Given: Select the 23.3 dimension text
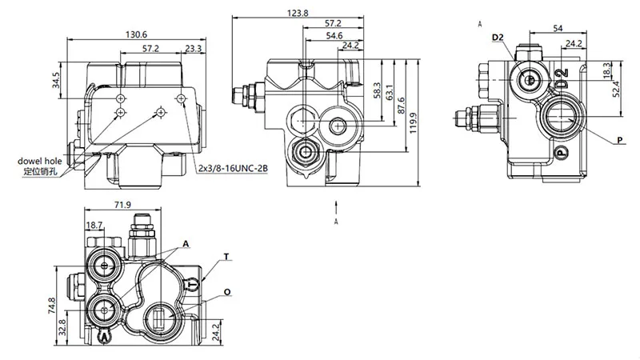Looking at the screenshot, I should pos(192,50).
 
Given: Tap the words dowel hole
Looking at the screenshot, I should pos(40,161).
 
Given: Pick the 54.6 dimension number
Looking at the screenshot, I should pos(334,35).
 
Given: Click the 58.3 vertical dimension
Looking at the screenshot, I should pos(377,90).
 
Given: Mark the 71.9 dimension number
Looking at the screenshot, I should pos(123,206).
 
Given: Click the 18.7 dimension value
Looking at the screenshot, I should pos(94,226).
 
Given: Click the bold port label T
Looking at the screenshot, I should pos(226,257).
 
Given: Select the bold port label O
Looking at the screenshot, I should pos(228,293).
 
